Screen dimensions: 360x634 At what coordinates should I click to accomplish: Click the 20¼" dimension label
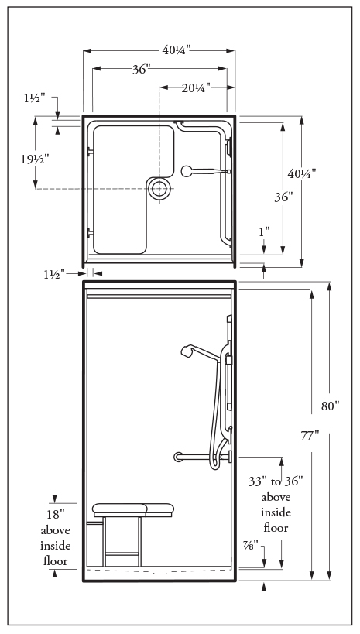click(196, 87)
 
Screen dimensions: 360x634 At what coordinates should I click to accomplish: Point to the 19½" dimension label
click(35, 159)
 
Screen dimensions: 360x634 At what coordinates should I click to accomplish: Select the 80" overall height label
click(331, 406)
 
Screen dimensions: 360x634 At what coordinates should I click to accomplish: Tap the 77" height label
click(310, 436)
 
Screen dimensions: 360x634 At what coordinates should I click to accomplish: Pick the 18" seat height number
click(56, 514)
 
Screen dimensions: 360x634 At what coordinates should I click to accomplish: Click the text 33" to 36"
click(276, 481)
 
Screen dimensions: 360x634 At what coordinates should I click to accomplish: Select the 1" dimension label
click(264, 232)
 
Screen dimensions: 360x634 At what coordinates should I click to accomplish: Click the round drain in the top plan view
click(159, 188)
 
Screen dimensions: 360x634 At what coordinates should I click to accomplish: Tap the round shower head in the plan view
click(187, 171)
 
